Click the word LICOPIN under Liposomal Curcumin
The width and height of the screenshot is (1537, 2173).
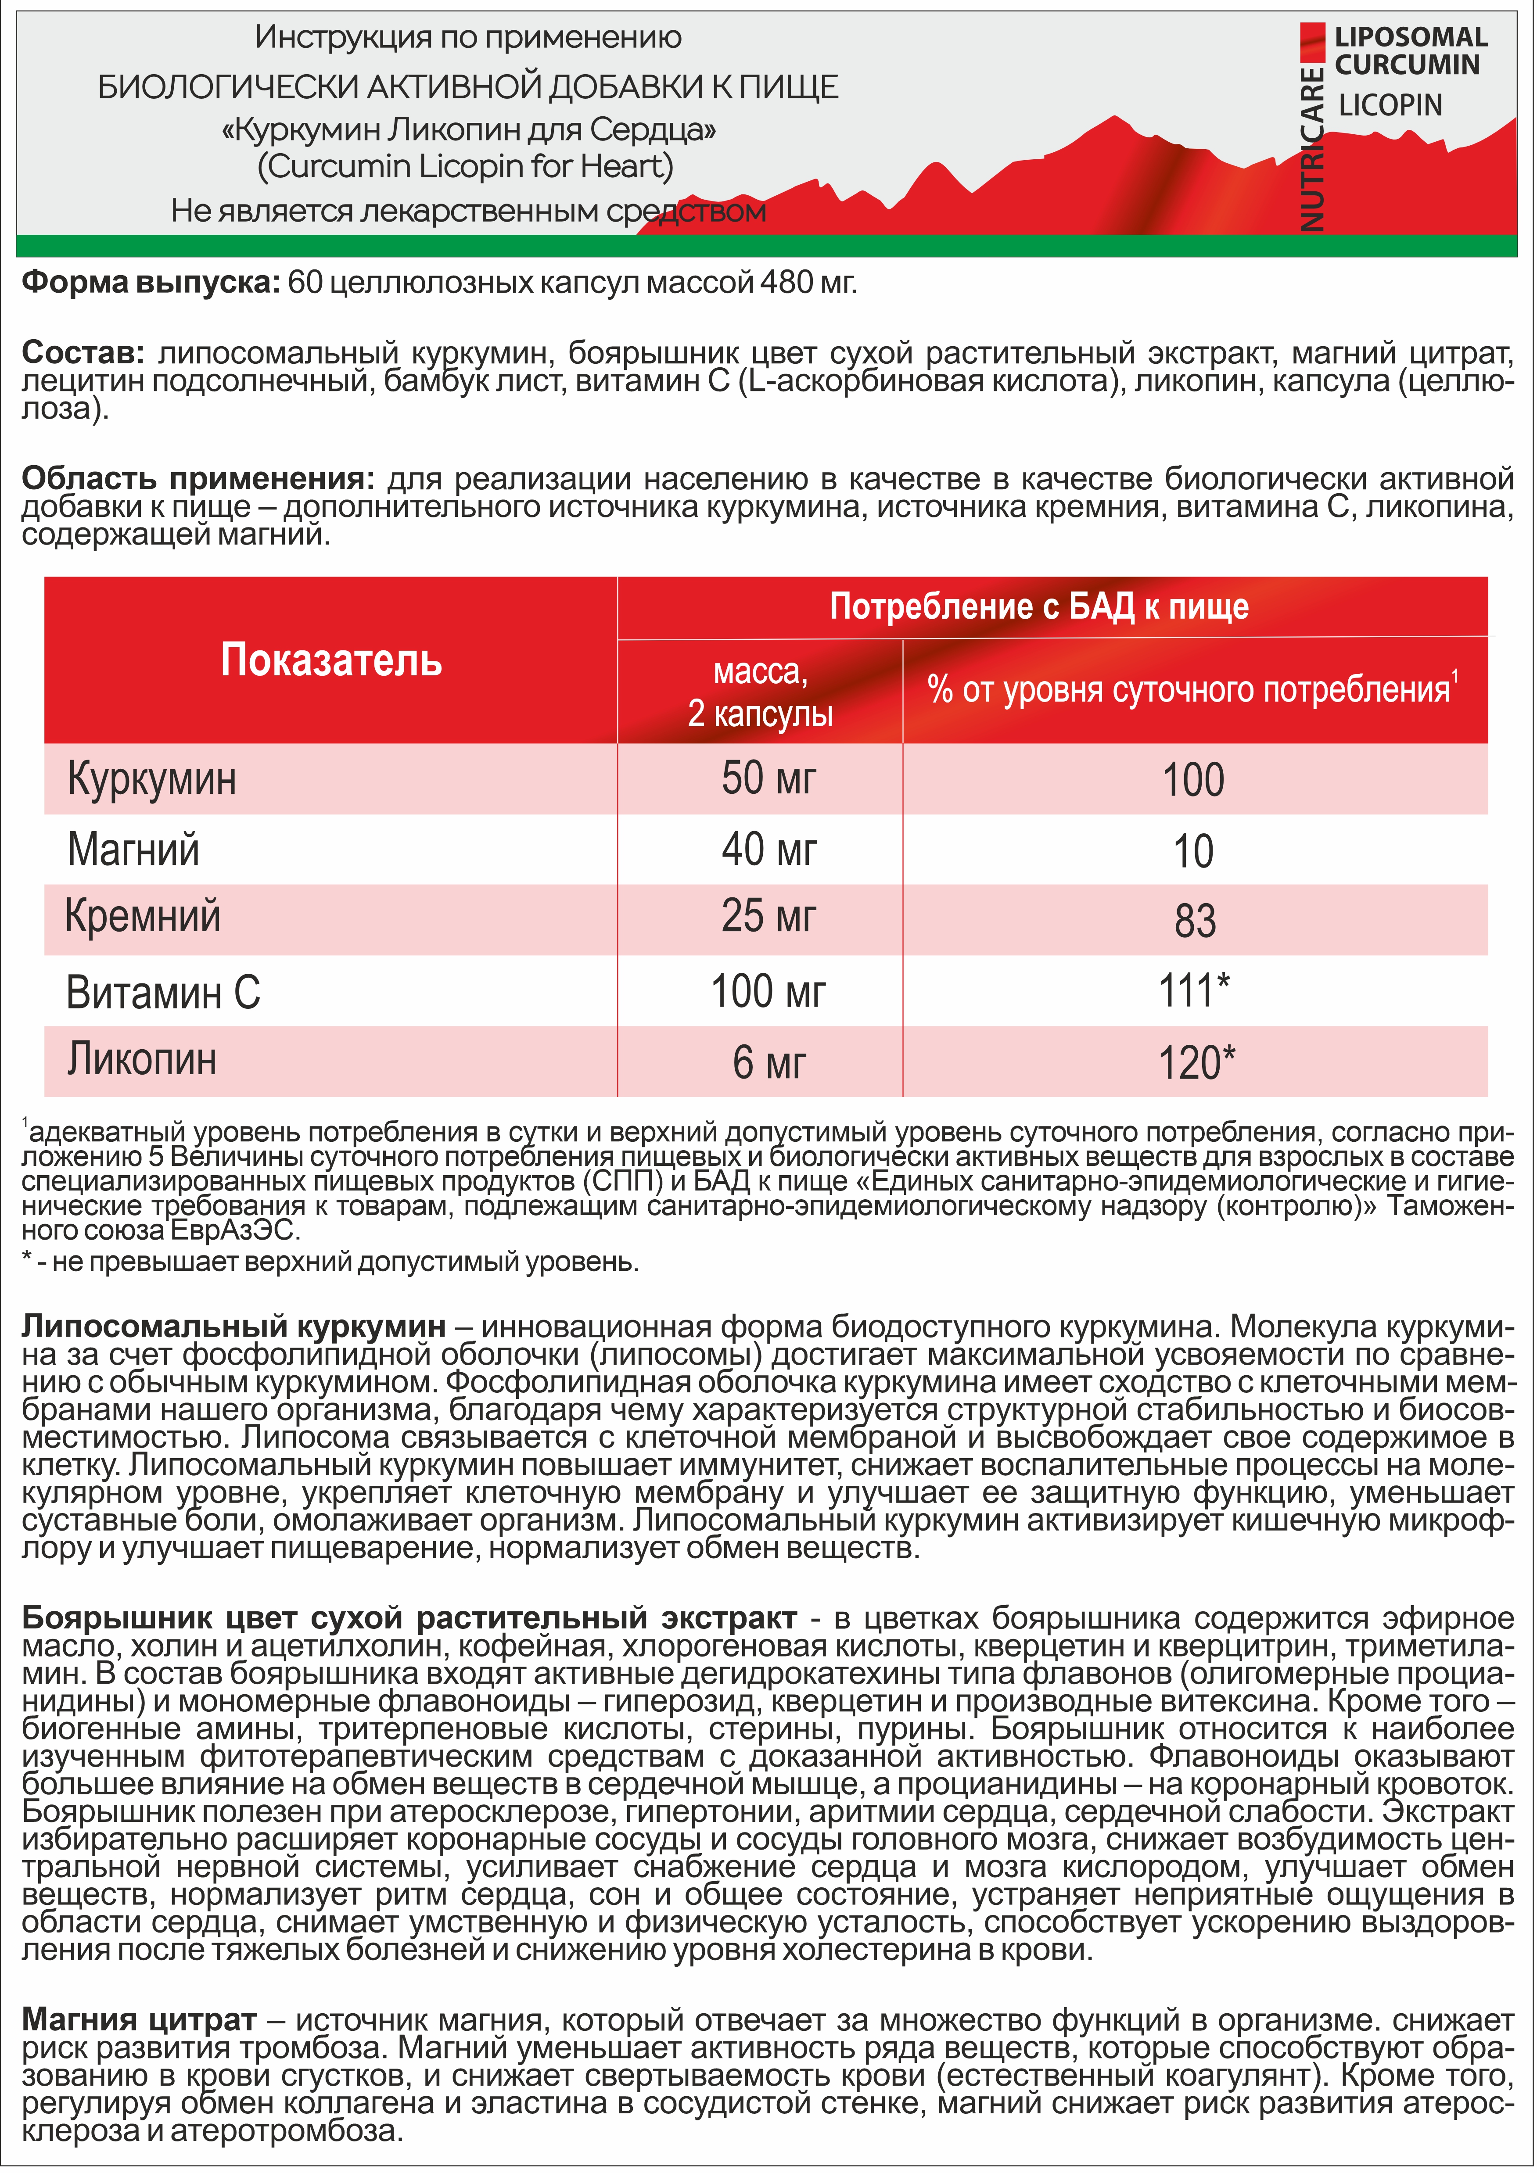pos(1390,105)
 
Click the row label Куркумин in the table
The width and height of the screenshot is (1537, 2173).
pos(151,780)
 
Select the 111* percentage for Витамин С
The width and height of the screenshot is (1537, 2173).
pos(1194,991)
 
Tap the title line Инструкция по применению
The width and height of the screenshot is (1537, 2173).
pos(467,38)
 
